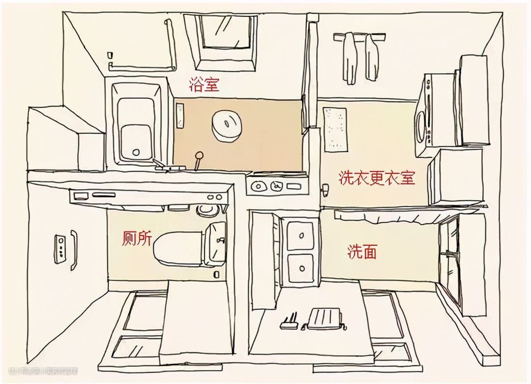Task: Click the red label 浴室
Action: click(x=204, y=85)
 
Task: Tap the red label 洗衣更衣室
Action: click(x=377, y=177)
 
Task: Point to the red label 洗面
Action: click(x=362, y=252)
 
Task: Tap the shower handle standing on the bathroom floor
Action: click(x=199, y=160)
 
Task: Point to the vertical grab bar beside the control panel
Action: click(x=73, y=250)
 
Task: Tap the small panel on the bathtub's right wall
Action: click(x=180, y=115)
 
